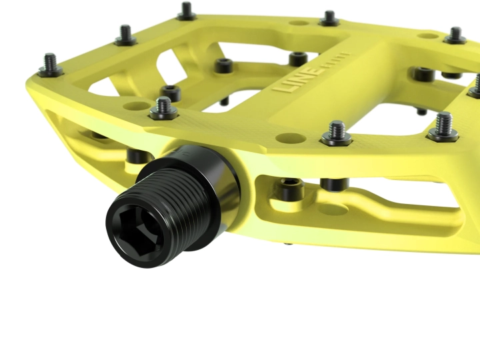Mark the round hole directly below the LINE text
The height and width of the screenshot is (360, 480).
point(287,138)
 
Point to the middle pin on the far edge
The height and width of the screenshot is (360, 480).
point(329,19)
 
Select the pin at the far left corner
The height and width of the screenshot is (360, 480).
point(186,11)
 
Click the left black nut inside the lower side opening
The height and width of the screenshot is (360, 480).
point(291,190)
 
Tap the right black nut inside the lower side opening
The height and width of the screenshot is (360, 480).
point(334,183)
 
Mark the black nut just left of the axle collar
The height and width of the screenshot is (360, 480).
point(136,156)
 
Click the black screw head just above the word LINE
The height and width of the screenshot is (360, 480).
point(299,59)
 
